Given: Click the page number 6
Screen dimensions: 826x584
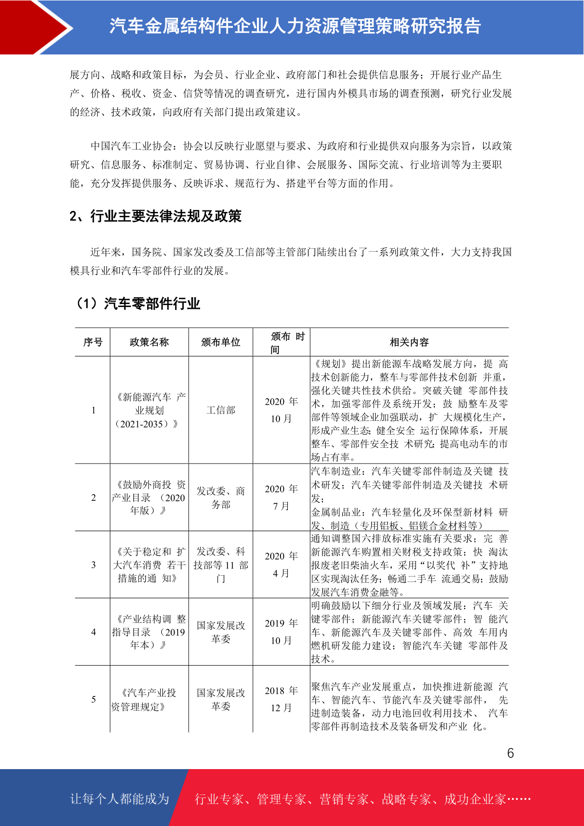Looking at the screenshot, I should [x=510, y=753].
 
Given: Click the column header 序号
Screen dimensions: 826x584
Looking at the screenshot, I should [x=93, y=342].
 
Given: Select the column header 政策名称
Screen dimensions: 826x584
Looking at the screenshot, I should [x=149, y=342].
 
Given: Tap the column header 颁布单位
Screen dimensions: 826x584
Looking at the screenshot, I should [x=221, y=342].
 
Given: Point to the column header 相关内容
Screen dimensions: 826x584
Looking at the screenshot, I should [x=409, y=342].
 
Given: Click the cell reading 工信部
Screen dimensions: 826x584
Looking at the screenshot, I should [x=221, y=410].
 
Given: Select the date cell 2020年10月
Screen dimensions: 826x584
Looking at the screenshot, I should [x=281, y=410].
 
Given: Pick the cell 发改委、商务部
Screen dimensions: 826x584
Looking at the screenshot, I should [x=221, y=497].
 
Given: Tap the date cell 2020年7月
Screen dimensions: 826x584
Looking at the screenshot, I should [x=281, y=497].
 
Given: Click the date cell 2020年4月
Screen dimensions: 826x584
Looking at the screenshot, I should [x=281, y=565].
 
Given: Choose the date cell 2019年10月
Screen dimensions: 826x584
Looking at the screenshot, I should [x=281, y=632].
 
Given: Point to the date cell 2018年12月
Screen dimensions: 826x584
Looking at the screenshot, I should [x=281, y=699].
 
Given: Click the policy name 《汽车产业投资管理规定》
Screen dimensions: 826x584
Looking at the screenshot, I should [x=149, y=699].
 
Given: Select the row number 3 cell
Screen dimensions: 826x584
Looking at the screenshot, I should [x=93, y=565].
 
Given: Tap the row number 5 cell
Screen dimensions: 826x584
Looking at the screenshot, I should [x=93, y=699].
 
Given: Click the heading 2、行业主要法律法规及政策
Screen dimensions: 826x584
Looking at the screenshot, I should [x=155, y=216].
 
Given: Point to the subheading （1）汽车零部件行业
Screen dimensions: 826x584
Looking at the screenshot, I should [x=137, y=304].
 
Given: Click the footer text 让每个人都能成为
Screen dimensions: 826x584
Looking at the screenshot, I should [x=120, y=799].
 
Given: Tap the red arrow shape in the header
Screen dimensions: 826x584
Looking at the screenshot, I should [x=34, y=27].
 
